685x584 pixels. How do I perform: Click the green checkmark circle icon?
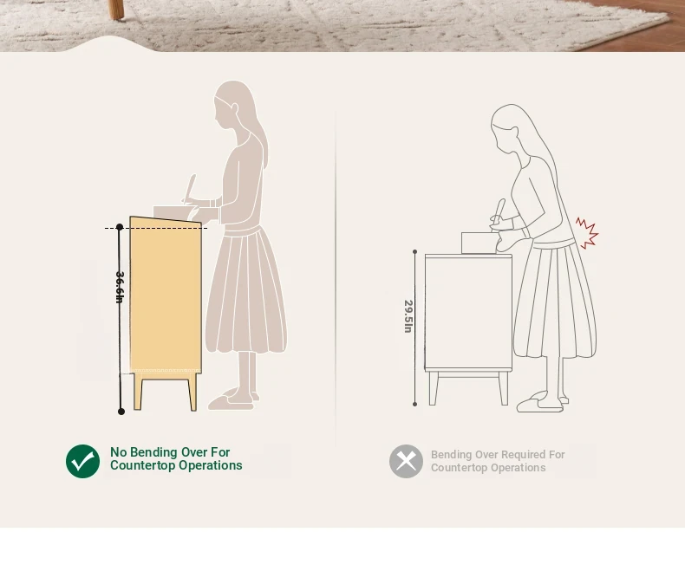click(82, 461)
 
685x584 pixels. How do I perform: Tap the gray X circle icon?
click(407, 461)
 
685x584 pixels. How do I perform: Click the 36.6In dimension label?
click(120, 287)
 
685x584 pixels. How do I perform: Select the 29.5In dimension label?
click(408, 316)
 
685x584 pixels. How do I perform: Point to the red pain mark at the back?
click(587, 232)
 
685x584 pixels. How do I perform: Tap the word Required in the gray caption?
click(510, 455)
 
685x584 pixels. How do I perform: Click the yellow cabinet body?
click(166, 295)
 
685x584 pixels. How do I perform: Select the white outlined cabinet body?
click(468, 313)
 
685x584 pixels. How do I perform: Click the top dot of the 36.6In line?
click(120, 227)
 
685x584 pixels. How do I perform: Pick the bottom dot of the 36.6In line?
click(121, 412)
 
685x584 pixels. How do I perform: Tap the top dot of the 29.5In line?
click(415, 252)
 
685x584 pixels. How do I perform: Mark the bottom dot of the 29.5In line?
click(415, 404)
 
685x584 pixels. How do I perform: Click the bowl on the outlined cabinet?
click(480, 243)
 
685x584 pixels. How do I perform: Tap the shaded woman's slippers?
click(232, 400)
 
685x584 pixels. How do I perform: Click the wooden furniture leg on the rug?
click(116, 10)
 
